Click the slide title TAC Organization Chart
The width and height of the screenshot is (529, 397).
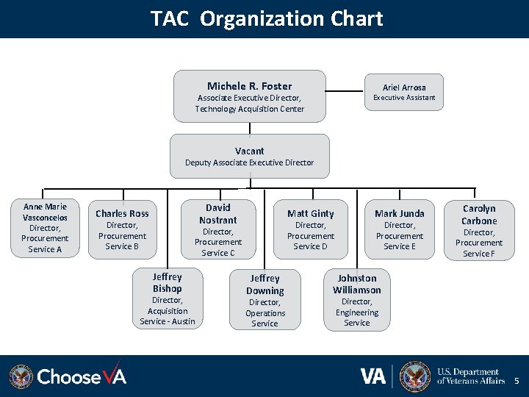coord(267,18)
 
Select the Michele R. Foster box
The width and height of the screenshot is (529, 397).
coord(249,96)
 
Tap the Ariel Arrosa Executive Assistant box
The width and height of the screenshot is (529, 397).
coord(404,92)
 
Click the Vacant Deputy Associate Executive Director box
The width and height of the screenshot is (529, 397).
coord(249,156)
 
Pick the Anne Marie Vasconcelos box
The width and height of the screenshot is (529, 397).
coord(45,228)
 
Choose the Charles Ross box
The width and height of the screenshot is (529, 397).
coord(122,229)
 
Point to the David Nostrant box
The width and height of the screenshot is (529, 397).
coord(217,229)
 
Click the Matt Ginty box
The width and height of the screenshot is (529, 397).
coord(310,229)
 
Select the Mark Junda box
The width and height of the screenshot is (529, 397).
coord(400,229)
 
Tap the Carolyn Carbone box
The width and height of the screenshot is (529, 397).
coord(479,230)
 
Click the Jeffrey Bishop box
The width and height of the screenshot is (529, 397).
coord(167,298)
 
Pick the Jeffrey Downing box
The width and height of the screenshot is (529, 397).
coord(264,300)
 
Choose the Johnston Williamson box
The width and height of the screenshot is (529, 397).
coord(356,300)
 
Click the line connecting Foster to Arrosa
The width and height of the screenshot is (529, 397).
coord(345,92)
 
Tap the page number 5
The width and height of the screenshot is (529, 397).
coord(516,381)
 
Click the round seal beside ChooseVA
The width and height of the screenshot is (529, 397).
coord(21,376)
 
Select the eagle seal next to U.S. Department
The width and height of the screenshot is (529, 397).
coord(415,376)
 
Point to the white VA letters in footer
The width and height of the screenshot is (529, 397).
coord(373,376)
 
